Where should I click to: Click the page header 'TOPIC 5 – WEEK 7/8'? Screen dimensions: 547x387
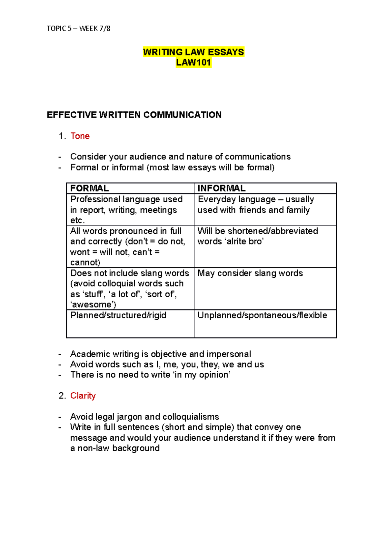click(78, 29)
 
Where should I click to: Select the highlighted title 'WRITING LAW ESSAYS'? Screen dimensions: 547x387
click(193, 52)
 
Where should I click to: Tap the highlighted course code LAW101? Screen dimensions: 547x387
click(193, 62)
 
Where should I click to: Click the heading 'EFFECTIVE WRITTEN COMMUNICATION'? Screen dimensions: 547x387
click(134, 115)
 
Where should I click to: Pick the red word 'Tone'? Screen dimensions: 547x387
click(80, 136)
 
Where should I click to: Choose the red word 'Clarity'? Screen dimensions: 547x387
click(83, 396)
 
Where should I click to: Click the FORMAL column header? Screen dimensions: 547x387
click(89, 188)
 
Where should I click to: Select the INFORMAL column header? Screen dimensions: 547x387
click(222, 188)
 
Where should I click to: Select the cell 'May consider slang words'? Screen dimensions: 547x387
click(250, 273)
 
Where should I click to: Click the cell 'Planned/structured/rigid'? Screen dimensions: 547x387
click(118, 315)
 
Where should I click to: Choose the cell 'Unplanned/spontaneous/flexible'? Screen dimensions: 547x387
click(262, 315)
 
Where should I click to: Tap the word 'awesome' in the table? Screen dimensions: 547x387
click(93, 305)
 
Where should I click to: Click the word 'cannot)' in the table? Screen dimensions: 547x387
click(85, 263)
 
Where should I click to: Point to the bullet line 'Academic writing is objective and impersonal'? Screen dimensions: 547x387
click(161, 354)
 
